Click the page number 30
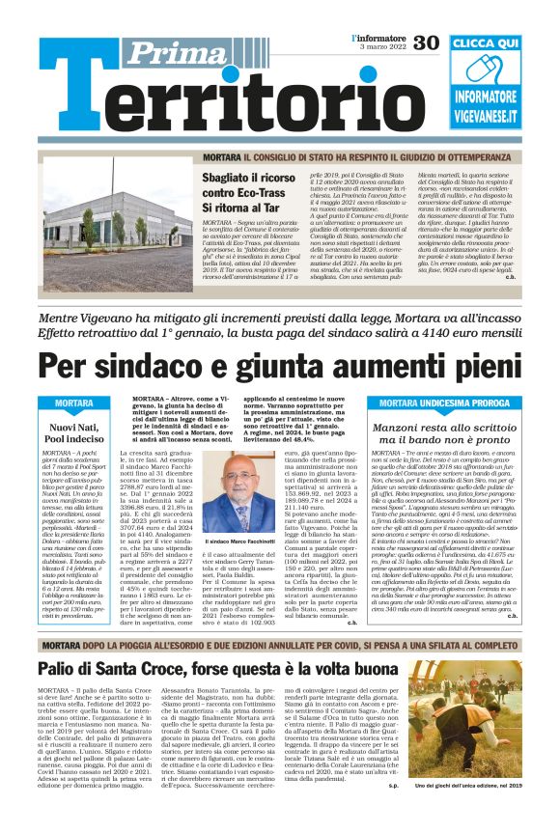coord(426,42)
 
